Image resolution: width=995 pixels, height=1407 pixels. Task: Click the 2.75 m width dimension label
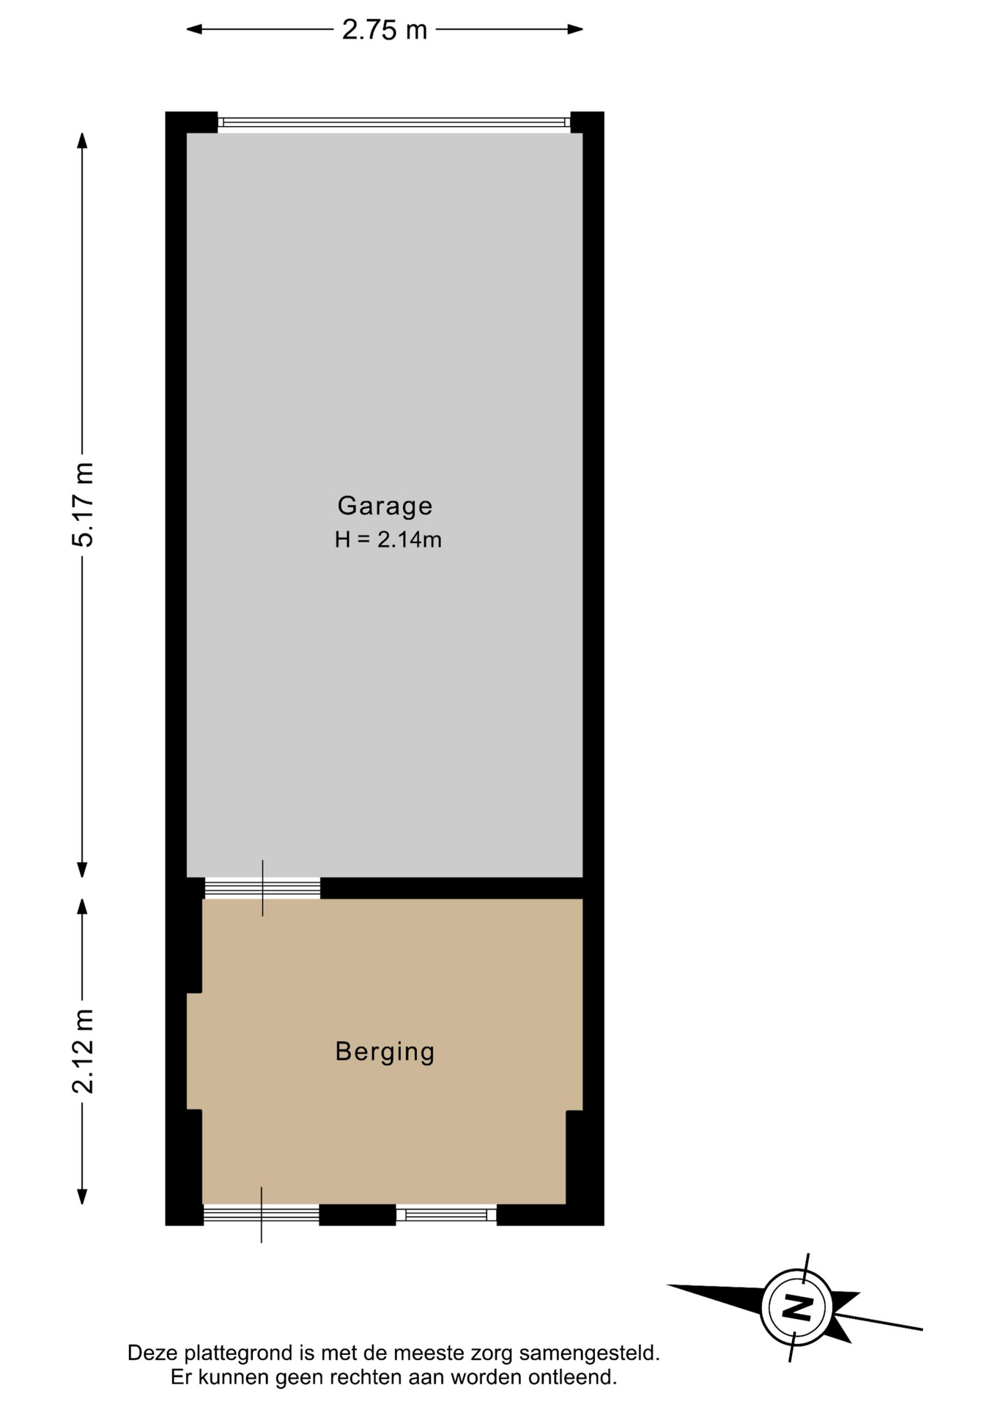click(385, 30)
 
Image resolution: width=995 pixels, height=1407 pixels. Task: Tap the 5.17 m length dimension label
click(83, 505)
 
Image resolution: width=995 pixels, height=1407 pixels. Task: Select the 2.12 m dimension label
click(83, 1051)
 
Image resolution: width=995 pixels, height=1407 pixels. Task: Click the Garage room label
click(385, 506)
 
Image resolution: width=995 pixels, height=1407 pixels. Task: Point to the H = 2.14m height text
click(388, 540)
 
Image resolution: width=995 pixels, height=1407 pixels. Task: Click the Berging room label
click(385, 1052)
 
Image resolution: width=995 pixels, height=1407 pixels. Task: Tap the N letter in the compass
click(796, 1307)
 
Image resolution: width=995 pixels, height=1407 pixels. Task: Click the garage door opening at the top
click(394, 122)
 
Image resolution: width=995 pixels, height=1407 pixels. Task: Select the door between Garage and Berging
click(262, 889)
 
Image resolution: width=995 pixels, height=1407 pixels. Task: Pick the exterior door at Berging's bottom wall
click(261, 1215)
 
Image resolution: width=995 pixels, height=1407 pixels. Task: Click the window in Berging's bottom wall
click(446, 1215)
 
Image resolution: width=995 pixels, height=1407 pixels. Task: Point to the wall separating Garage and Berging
click(451, 888)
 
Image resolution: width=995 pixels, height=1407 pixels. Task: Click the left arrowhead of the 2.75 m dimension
click(194, 29)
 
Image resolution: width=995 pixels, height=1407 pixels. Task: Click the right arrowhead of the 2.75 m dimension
click(575, 29)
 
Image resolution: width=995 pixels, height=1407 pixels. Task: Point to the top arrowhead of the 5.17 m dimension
click(83, 141)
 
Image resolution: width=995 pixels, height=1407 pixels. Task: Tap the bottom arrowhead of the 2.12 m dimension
click(83, 1196)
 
